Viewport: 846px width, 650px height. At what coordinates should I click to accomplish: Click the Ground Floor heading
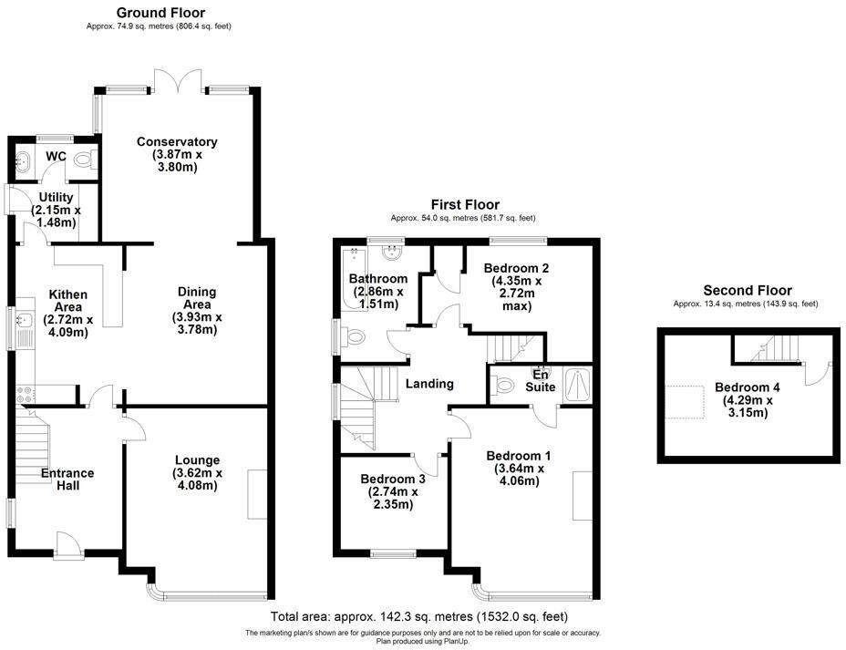pos(160,13)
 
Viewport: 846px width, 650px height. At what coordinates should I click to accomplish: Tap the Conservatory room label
pos(177,154)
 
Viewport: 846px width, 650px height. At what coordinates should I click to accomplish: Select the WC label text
pos(56,157)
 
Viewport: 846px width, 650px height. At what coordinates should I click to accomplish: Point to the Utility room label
pos(56,210)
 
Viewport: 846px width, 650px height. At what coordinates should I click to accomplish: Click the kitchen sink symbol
pos(25,320)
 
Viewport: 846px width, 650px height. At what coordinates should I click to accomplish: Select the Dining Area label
pos(197,311)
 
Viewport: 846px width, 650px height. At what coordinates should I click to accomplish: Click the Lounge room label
pos(198,472)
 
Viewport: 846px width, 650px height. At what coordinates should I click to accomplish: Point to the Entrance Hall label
pos(67,479)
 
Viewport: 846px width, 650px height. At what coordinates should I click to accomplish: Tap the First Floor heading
pos(465,204)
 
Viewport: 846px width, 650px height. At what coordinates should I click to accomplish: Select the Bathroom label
pos(378,291)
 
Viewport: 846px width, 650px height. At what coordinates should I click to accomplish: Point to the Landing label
pos(429,384)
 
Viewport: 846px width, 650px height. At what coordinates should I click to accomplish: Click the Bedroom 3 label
pos(393,491)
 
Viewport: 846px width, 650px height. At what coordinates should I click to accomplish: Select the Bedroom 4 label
pos(748,398)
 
